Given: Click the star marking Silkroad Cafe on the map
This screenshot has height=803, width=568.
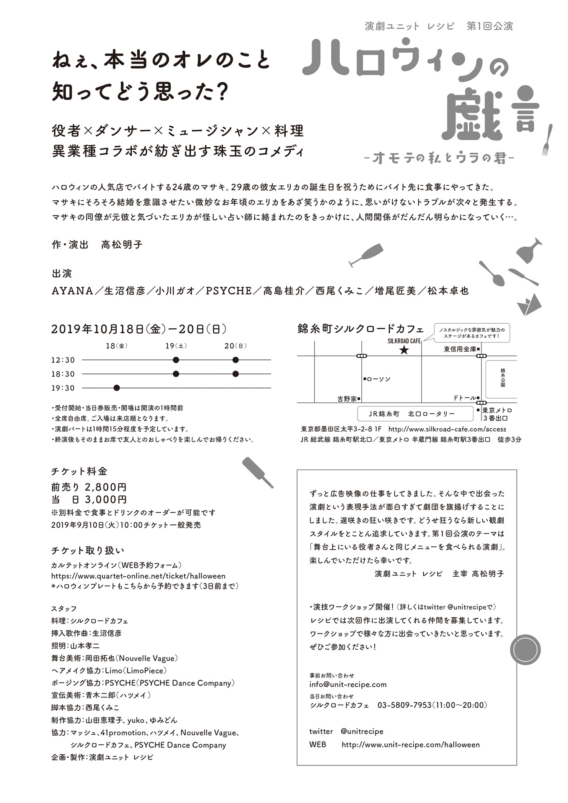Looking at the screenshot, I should tap(404, 350).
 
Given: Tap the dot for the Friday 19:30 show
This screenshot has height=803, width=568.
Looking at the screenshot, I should tap(117, 388).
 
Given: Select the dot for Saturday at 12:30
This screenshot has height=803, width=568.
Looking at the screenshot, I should tap(176, 360).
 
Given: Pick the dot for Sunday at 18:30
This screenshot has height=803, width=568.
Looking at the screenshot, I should tap(235, 373).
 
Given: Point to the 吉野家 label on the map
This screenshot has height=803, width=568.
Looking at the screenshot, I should tap(347, 399).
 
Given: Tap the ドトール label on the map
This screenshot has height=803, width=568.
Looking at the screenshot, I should tap(464, 398).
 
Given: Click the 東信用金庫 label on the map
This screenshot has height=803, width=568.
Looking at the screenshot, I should tap(460, 349).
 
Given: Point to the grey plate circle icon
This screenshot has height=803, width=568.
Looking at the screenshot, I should tap(525, 650).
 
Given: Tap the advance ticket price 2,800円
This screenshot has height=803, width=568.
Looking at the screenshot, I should tap(105, 487).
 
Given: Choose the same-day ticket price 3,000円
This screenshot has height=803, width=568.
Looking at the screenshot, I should tap(105, 499).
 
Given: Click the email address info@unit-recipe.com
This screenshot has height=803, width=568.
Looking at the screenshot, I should tap(348, 684).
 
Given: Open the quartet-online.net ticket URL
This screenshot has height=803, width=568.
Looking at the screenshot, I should tap(138, 576).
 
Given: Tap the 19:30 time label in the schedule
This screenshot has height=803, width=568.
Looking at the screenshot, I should tap(63, 388).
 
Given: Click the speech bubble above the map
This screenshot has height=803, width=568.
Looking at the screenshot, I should tap(471, 333).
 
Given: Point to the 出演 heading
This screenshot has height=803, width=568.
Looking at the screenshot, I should tap(62, 274).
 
